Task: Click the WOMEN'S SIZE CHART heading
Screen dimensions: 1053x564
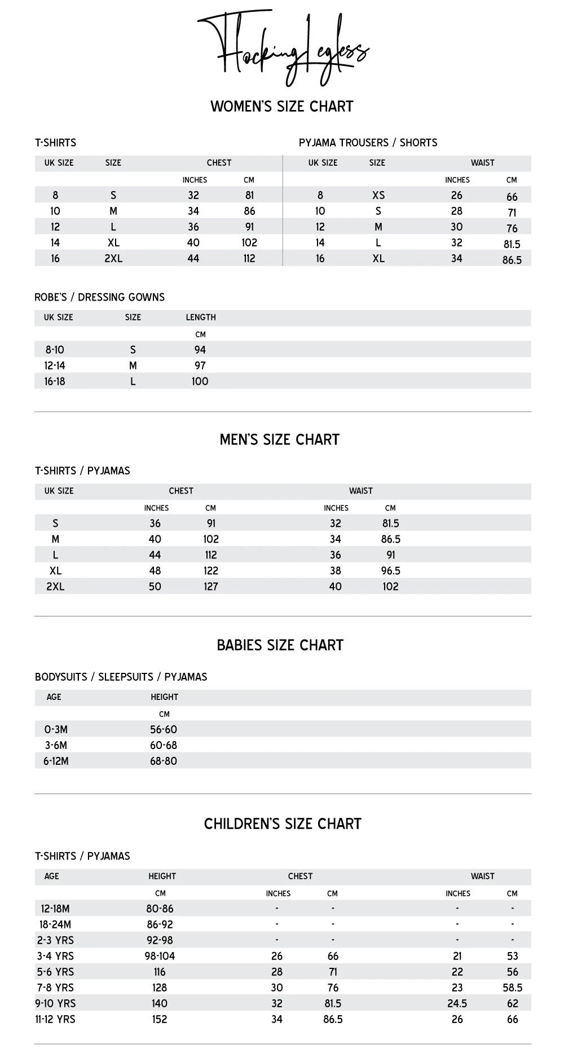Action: click(282, 107)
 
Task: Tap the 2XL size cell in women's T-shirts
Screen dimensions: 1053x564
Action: click(113, 258)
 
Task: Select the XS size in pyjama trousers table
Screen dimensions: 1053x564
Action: click(378, 195)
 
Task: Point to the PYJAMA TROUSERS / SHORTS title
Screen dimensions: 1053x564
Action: click(368, 143)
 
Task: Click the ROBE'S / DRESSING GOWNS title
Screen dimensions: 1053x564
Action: click(99, 297)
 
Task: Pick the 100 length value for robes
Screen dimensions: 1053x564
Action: click(200, 381)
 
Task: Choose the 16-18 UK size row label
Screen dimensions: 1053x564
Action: click(55, 381)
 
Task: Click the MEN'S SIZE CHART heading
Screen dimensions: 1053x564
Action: click(280, 440)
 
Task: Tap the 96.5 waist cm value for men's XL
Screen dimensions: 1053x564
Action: click(390, 571)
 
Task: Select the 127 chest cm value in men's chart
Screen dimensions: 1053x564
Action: click(210, 587)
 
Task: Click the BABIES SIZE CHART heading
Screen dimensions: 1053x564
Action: click(280, 645)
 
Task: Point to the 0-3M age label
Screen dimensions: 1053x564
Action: click(56, 729)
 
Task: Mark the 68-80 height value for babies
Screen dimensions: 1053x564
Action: click(163, 761)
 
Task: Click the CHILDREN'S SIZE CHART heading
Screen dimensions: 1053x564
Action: click(282, 824)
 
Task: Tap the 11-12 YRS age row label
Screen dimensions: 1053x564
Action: click(55, 1019)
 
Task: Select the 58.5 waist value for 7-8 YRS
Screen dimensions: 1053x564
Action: click(512, 988)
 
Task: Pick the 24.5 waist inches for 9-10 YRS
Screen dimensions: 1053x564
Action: click(457, 1003)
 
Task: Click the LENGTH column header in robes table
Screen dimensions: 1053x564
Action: click(201, 318)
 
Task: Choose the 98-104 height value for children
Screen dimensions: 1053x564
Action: click(160, 956)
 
